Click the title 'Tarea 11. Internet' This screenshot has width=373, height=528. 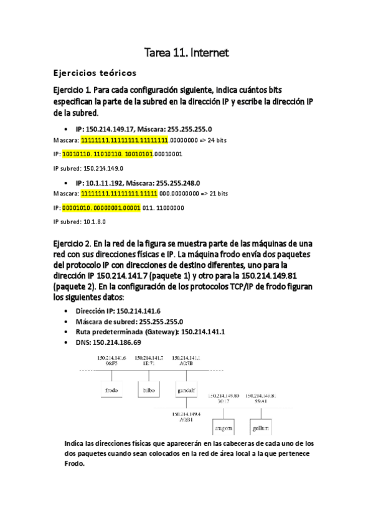[186, 54]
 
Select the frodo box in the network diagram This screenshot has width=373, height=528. [112, 390]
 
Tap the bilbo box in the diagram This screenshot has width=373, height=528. [148, 390]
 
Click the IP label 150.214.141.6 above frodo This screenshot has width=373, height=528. [112, 357]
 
